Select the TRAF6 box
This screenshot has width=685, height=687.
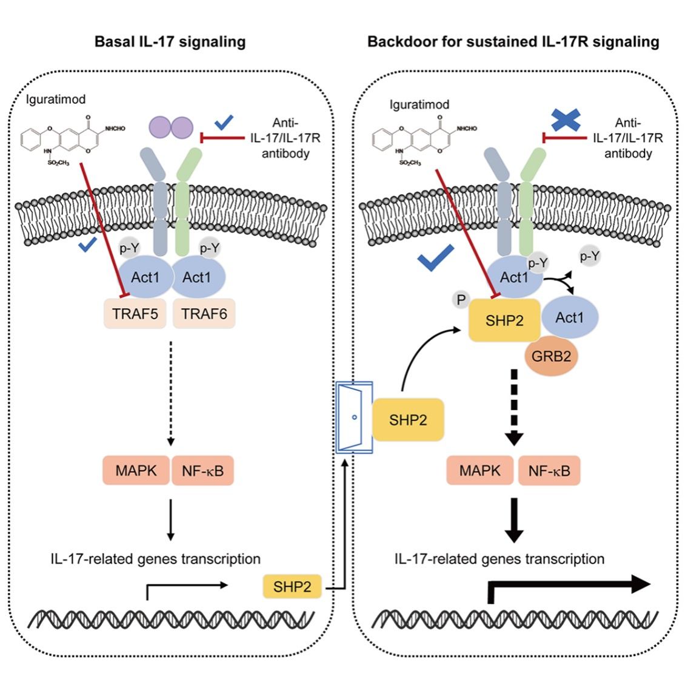pyautogui.click(x=204, y=314)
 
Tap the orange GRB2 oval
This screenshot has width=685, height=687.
pyautogui.click(x=551, y=356)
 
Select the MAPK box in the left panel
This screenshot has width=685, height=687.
pyautogui.click(x=138, y=470)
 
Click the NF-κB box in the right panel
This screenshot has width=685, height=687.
pyautogui.click(x=549, y=470)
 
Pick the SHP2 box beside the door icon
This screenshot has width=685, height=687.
pyautogui.click(x=408, y=419)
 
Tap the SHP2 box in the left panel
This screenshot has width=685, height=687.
pyautogui.click(x=292, y=587)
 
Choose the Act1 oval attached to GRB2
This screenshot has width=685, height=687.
pyautogui.click(x=569, y=317)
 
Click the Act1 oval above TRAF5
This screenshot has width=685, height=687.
pyautogui.click(x=145, y=277)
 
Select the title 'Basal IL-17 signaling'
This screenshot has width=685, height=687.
pyautogui.click(x=170, y=42)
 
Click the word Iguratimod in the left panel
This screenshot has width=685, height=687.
pyautogui.click(x=56, y=99)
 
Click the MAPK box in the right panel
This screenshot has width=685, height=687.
pyautogui.click(x=480, y=470)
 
